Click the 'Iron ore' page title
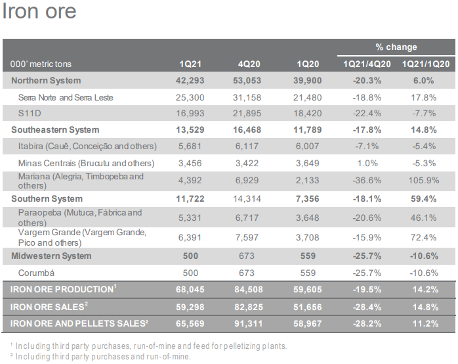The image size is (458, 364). point(39,12)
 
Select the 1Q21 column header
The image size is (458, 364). point(191,64)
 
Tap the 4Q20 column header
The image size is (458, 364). point(249,64)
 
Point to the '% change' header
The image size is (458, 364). point(396,47)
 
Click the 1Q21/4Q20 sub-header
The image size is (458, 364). point(367,64)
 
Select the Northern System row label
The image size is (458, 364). point(46,81)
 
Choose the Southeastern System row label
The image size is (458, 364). point(55,130)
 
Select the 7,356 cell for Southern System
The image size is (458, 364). point(307,198)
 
